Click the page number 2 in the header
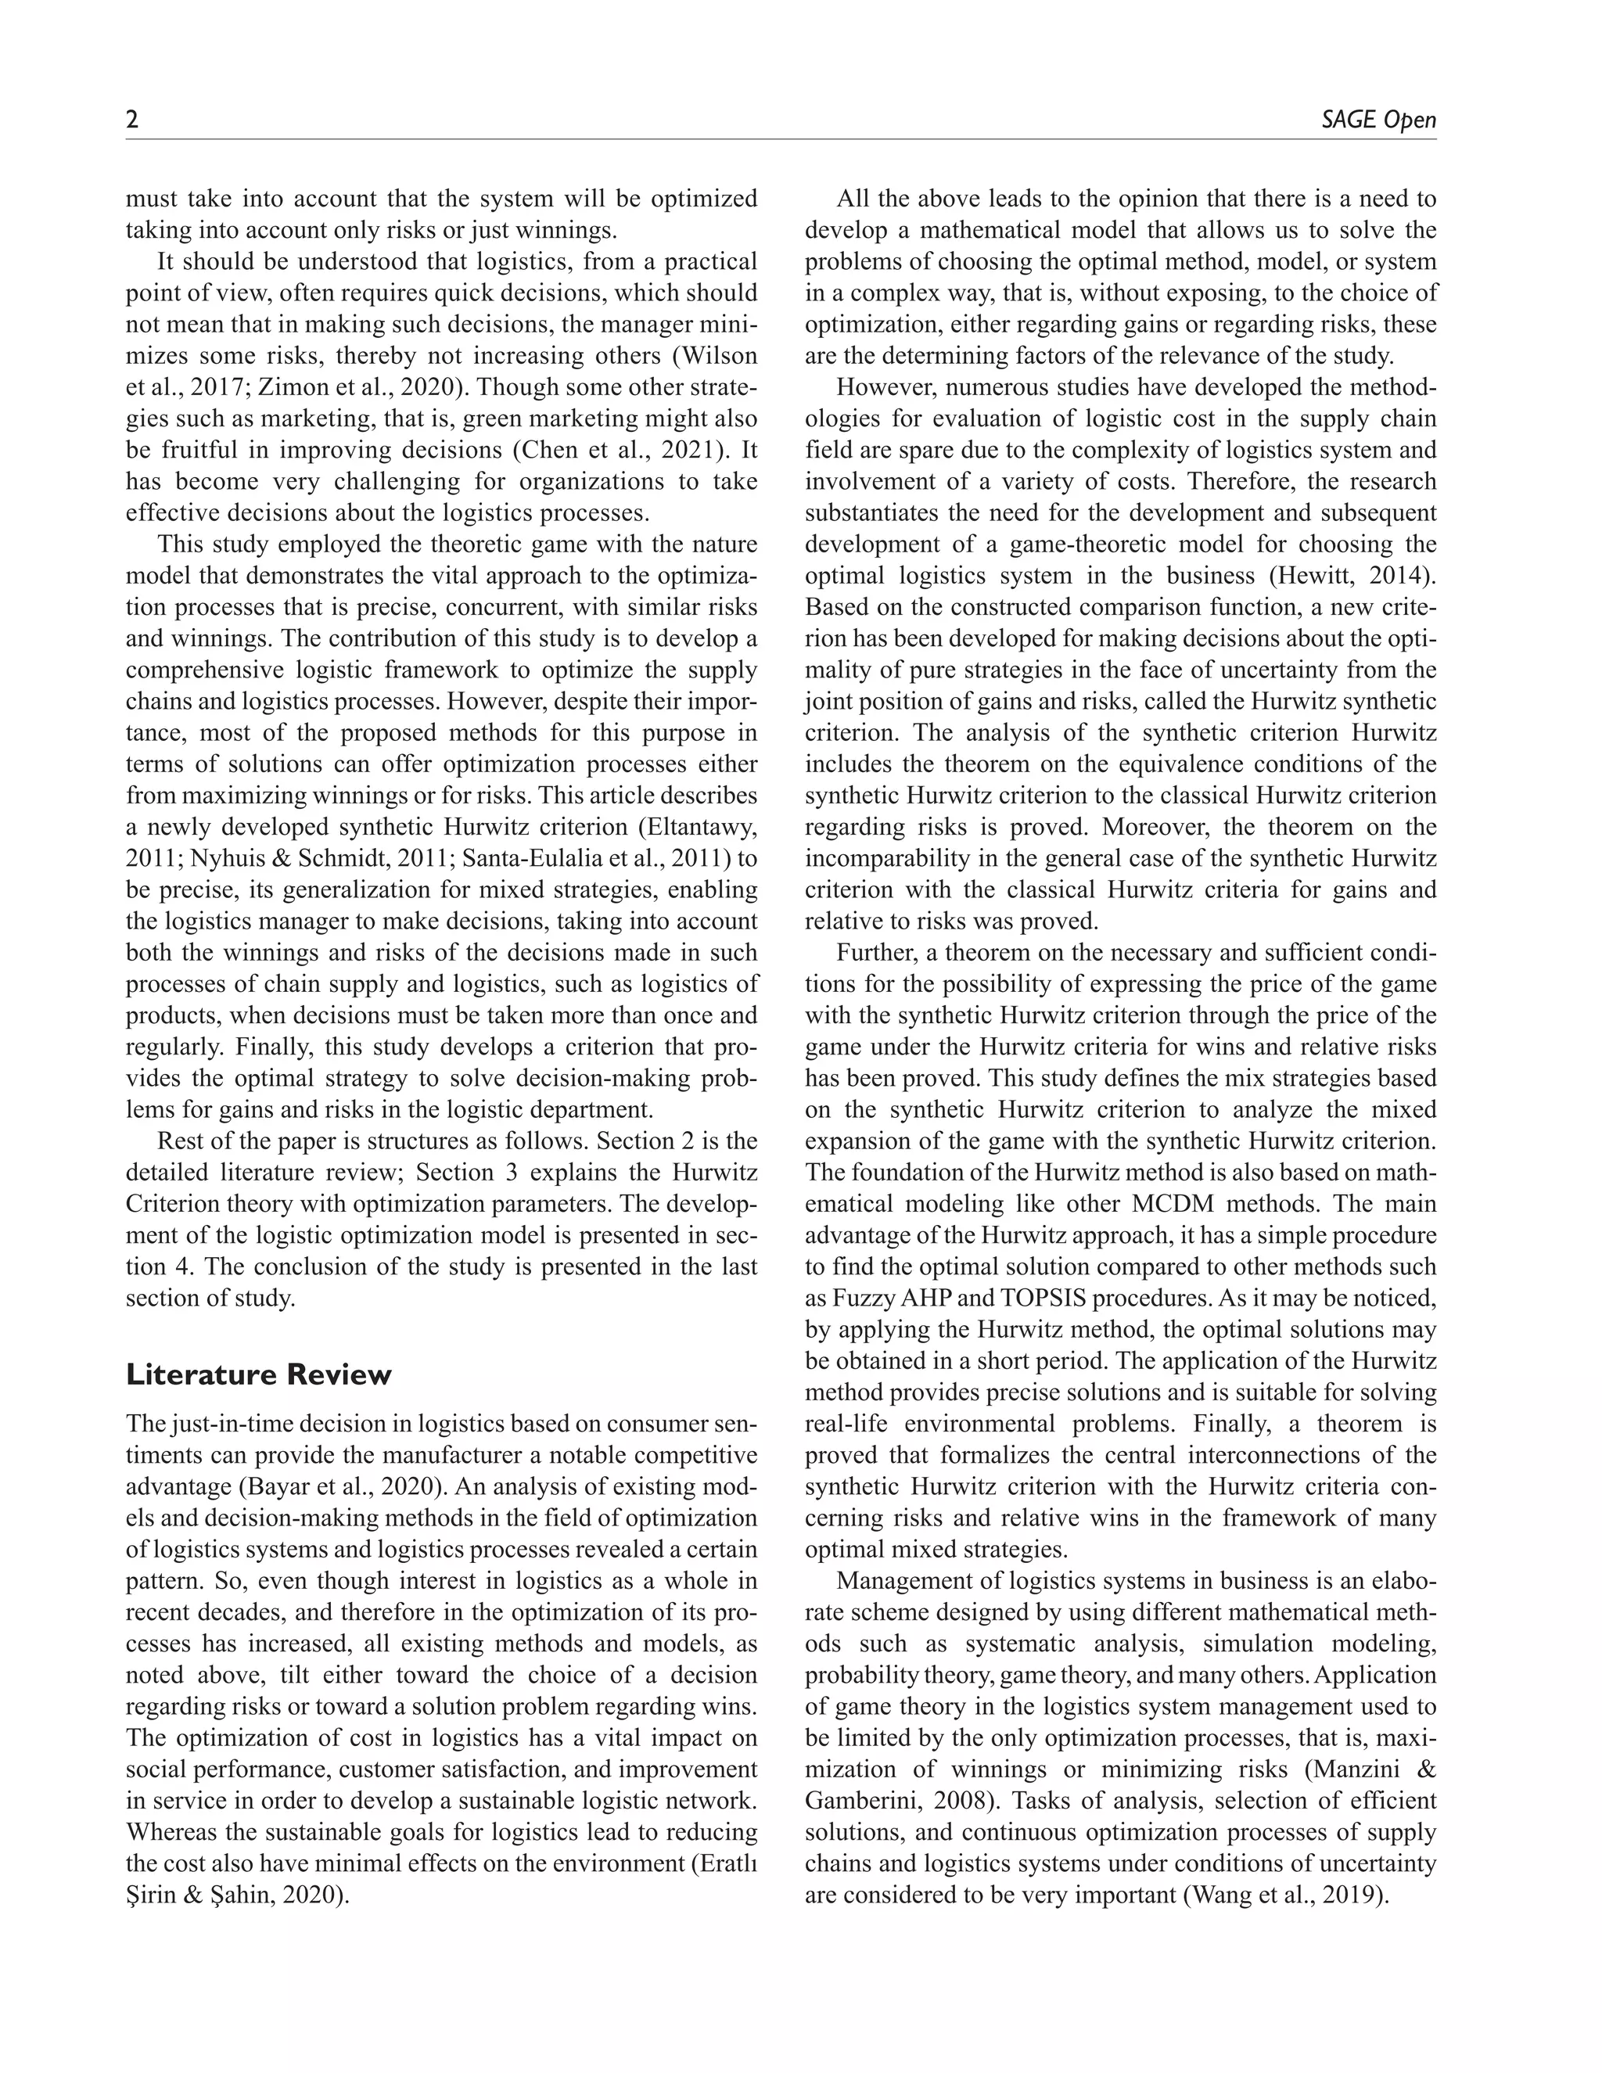coord(133,120)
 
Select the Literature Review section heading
coord(258,1374)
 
